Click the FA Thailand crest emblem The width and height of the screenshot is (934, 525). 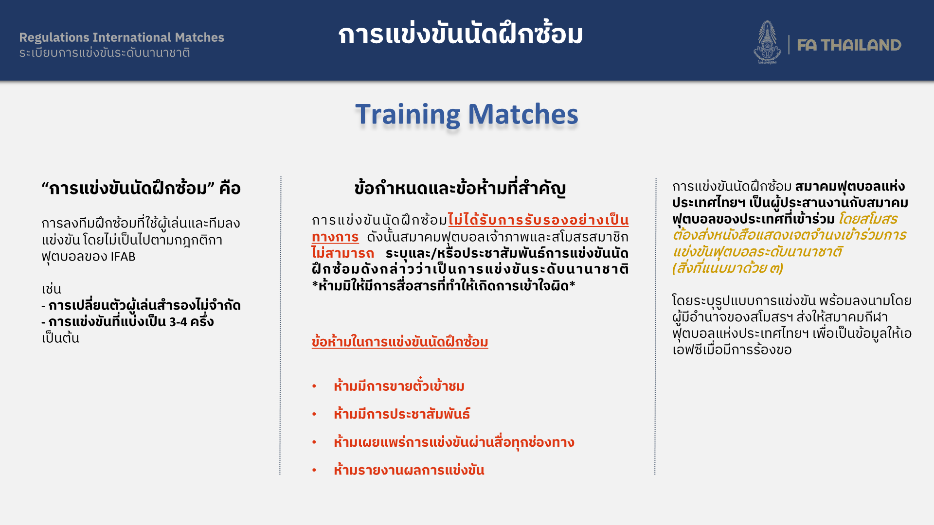tap(768, 42)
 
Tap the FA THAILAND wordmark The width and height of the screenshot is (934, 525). tap(849, 45)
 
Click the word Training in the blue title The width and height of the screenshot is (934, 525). tap(407, 115)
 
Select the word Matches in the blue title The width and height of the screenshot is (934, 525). tap(523, 114)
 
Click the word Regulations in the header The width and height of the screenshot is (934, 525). tap(54, 37)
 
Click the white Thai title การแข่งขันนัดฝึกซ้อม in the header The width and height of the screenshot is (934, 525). tap(460, 34)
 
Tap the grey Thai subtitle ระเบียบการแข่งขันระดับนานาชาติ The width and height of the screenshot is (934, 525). tap(105, 52)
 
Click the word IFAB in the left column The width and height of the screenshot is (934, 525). tap(123, 256)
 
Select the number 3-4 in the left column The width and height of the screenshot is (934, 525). tap(178, 322)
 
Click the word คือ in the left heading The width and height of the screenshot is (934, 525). tap(230, 188)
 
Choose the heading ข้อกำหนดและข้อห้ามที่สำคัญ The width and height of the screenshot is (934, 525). tap(460, 188)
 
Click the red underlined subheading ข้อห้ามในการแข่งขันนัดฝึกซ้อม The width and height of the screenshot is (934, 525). tap(400, 342)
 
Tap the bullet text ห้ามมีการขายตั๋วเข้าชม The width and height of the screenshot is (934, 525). tap(399, 385)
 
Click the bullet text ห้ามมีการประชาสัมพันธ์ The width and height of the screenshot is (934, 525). tap(402, 414)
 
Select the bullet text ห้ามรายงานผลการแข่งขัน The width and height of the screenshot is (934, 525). tap(409, 470)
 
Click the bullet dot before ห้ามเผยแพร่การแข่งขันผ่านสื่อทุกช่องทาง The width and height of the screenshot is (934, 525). tap(314, 442)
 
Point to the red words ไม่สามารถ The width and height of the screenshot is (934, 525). tap(342, 253)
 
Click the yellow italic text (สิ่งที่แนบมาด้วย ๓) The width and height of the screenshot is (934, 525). tap(728, 268)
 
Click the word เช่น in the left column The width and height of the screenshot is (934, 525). tap(51, 289)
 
